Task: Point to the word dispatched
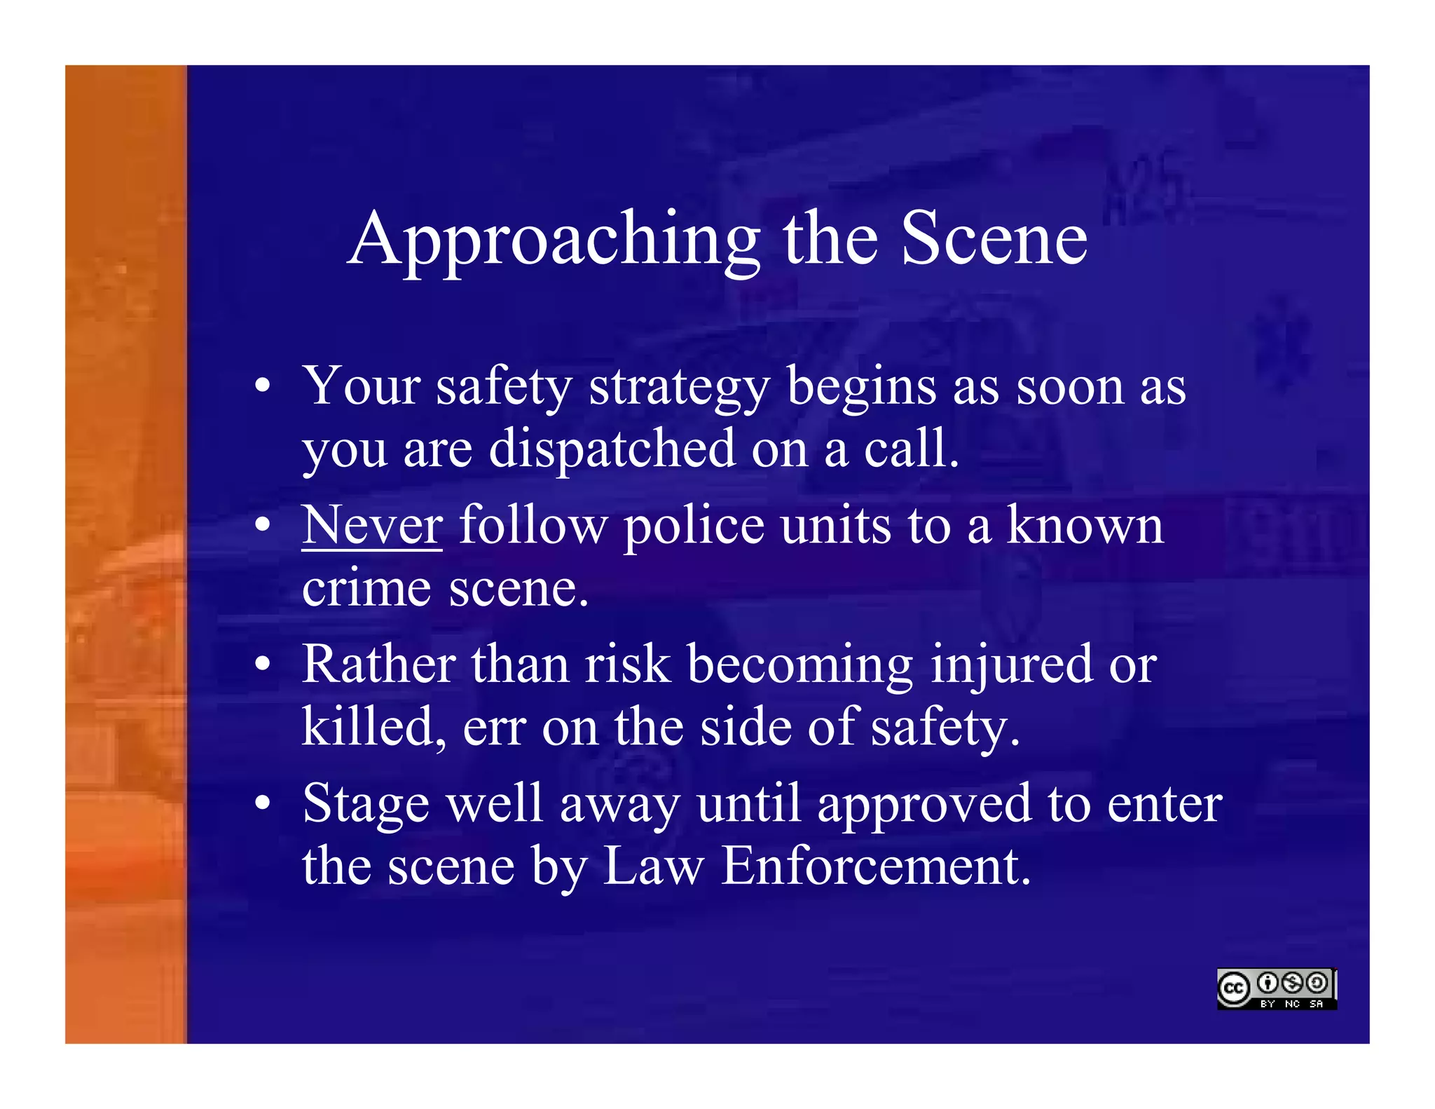coord(612,449)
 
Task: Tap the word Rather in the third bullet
coord(378,664)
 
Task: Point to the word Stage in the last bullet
coord(366,805)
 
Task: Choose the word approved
coord(924,805)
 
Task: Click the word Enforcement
coord(876,866)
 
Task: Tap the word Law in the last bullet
coord(653,866)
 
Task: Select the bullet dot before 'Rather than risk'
coord(263,663)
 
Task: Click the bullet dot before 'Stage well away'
coord(263,803)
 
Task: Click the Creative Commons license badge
coord(1276,988)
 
